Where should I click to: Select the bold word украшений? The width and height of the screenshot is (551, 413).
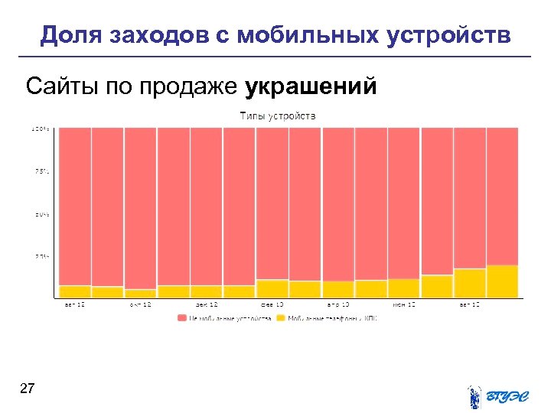point(311,86)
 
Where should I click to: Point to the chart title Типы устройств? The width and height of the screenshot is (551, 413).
point(277,116)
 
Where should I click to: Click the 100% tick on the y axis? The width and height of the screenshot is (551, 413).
point(41,128)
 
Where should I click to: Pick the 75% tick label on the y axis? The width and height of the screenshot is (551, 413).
point(41,171)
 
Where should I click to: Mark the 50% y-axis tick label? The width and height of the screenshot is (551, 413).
point(41,215)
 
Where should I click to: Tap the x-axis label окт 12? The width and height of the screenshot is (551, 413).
point(140,305)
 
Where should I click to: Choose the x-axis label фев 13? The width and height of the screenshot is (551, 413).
point(272,305)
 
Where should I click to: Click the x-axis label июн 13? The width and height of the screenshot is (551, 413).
point(404,305)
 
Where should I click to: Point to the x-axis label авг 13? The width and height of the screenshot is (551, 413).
point(470,305)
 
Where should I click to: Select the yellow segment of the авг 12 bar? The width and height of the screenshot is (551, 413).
point(74,291)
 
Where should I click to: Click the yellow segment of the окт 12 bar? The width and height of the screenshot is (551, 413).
point(140,293)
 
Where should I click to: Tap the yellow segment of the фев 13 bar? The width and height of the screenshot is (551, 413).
point(272,288)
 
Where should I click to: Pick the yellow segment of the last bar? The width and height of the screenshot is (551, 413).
point(503,281)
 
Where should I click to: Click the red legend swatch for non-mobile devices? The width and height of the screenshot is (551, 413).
point(182,317)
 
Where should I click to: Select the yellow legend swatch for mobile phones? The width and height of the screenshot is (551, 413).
point(281,317)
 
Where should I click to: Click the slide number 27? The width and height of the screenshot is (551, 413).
point(27,390)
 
